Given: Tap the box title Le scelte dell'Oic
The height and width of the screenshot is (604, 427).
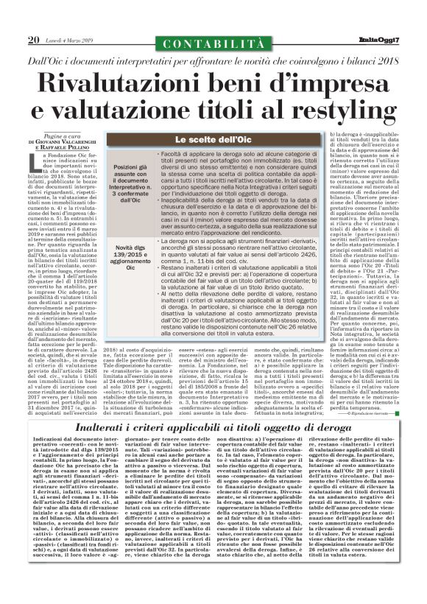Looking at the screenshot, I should (212, 140).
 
